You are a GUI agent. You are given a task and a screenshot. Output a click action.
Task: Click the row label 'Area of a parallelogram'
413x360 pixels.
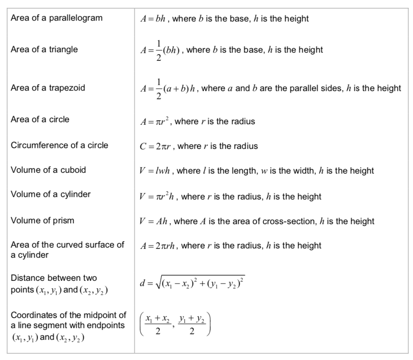point(56,18)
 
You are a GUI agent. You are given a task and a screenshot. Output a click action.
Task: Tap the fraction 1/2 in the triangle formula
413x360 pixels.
point(159,51)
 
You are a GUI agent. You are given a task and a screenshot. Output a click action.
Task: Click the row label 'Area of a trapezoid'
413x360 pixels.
point(48,88)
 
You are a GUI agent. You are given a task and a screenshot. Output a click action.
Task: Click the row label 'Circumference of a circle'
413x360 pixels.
point(60,145)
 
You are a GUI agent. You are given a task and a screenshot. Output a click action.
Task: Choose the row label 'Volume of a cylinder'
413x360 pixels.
point(51,194)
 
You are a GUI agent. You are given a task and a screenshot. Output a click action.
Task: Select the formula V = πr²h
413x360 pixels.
point(158,197)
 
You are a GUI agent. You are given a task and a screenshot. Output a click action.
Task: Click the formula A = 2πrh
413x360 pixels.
point(158,246)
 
